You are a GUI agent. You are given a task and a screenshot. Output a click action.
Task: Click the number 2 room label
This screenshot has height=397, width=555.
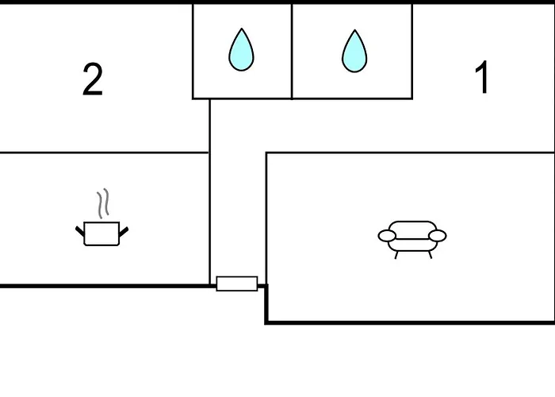pos(93,79)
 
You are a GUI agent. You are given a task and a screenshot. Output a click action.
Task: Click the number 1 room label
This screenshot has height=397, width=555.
pos(482,77)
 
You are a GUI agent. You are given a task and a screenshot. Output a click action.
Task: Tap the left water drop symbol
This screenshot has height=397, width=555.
pos(241,49)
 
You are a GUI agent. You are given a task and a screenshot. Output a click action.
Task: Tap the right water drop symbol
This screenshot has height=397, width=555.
pos(354,51)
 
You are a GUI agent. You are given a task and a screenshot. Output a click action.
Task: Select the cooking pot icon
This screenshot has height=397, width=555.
pos(102,217)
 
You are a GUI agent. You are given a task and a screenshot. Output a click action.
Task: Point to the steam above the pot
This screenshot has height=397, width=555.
pos(103,203)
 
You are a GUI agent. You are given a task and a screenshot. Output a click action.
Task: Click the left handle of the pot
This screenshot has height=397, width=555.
pos(80,231)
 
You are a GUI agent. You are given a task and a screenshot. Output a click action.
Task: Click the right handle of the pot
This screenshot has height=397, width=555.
pos(124,232)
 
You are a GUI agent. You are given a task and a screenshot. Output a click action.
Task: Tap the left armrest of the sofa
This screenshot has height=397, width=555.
pos(387,236)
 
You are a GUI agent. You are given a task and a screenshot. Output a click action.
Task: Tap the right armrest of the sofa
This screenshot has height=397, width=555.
pos(438,236)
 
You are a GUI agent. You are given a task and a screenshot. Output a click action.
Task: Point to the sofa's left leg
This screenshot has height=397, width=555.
pos(396,255)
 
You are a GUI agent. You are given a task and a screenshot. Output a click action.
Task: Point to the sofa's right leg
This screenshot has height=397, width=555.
pos(430,255)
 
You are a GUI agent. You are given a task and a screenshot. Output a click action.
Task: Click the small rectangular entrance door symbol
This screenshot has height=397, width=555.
pos(237,283)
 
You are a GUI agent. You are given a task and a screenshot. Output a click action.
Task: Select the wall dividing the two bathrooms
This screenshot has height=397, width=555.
pos(292,52)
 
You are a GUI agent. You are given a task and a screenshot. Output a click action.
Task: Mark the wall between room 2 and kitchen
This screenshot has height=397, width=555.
pos(105,152)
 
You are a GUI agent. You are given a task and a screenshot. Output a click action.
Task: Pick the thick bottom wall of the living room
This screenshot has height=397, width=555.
pos(410,322)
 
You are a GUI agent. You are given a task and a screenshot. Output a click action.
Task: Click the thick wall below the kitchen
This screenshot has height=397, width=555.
pos(105,286)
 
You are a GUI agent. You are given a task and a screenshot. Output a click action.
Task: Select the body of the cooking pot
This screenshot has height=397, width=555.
pos(102,233)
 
